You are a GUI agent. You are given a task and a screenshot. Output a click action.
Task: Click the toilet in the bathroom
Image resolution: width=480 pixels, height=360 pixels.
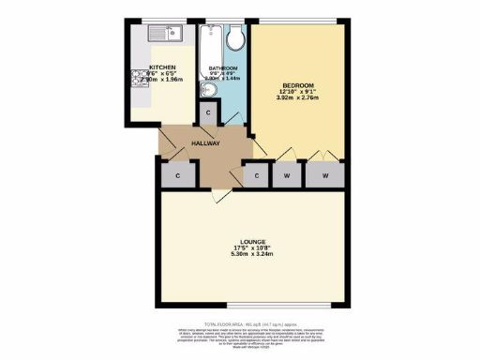(x=235, y=36)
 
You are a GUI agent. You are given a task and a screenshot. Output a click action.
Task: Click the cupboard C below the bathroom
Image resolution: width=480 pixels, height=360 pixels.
(x=208, y=112)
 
